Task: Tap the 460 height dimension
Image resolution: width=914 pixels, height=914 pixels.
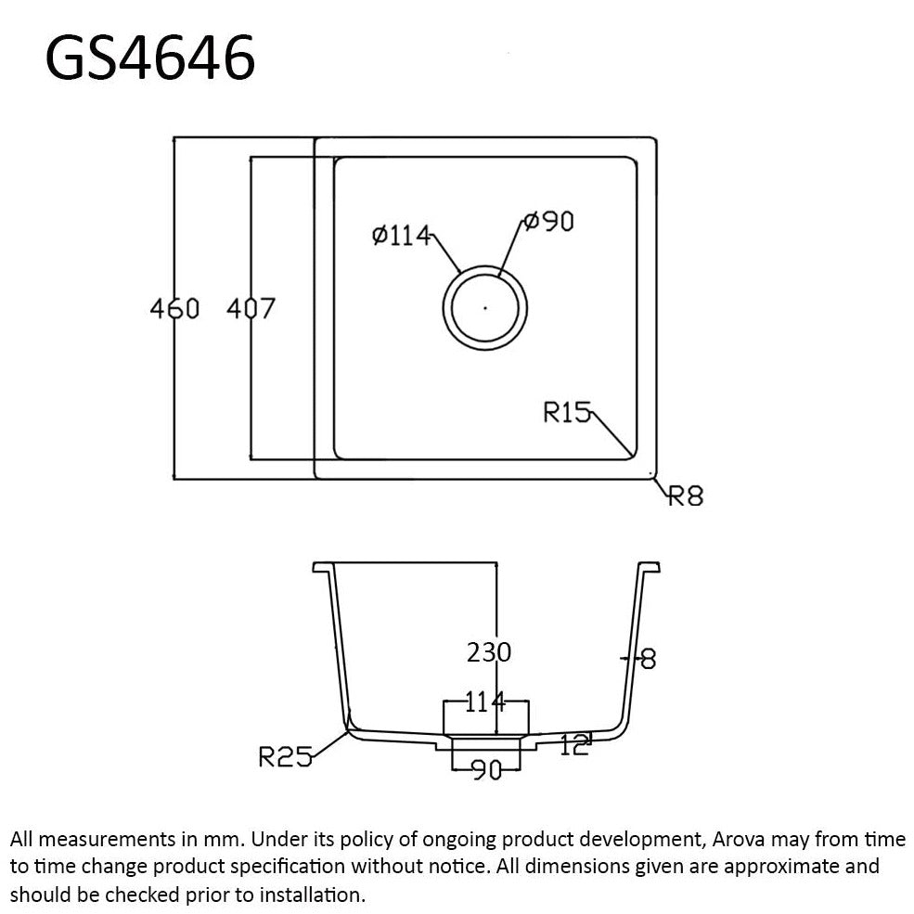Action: (174, 308)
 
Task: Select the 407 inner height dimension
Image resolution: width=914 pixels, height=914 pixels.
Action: (251, 308)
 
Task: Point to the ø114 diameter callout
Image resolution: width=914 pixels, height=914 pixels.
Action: (401, 236)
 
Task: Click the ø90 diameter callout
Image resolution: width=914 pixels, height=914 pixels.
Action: (547, 222)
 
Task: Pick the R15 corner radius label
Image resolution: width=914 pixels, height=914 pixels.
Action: (566, 411)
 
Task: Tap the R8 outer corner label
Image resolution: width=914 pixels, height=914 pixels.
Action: (687, 496)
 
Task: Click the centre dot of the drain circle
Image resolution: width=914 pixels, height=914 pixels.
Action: (485, 306)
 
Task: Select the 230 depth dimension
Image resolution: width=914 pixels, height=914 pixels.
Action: (488, 652)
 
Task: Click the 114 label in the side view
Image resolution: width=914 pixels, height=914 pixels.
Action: (484, 702)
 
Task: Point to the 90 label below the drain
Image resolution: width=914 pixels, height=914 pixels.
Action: (486, 770)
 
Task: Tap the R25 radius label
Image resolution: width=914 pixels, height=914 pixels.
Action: (283, 758)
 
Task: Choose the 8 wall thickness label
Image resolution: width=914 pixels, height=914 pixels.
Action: (648, 660)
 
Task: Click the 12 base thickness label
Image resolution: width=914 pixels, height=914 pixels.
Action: (574, 744)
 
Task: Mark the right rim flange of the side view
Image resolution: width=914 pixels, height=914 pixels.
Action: (649, 567)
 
